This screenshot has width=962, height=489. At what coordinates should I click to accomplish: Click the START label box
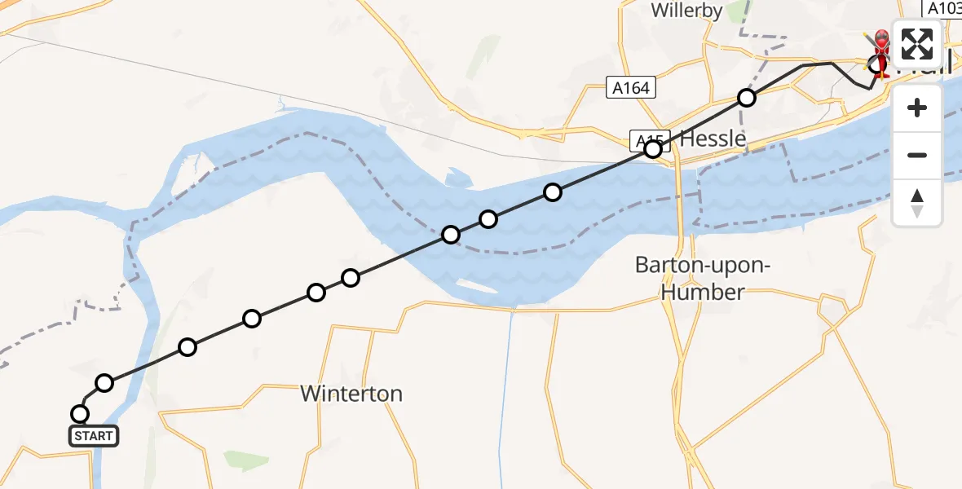tap(94, 436)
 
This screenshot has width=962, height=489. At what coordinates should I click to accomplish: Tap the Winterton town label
tap(351, 394)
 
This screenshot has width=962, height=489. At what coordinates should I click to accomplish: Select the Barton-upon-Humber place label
tap(702, 279)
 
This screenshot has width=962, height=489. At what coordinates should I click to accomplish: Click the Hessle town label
tap(713, 139)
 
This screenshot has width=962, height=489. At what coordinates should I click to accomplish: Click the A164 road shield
tap(632, 87)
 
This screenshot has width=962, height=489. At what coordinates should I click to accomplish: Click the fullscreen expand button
tap(916, 44)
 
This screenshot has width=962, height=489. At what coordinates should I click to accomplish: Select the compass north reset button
tap(917, 202)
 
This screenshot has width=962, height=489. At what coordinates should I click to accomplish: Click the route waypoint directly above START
tap(80, 413)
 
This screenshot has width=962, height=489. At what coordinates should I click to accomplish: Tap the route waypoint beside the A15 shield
tap(653, 149)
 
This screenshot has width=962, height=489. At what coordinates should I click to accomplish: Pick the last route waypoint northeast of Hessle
tap(747, 98)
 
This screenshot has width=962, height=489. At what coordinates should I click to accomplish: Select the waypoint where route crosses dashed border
tap(451, 235)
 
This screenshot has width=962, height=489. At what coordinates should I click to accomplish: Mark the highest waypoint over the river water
tap(553, 192)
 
